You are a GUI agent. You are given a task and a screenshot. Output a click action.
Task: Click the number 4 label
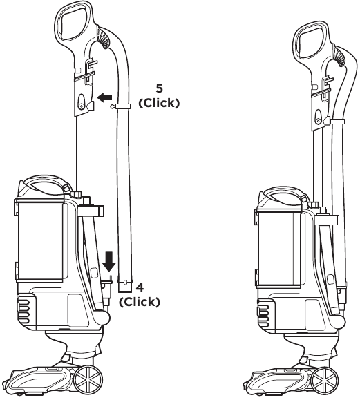click(x=140, y=286)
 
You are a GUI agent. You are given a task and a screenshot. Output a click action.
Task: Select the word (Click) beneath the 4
click(x=140, y=301)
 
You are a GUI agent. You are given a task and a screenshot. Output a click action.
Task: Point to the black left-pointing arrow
click(x=104, y=99)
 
